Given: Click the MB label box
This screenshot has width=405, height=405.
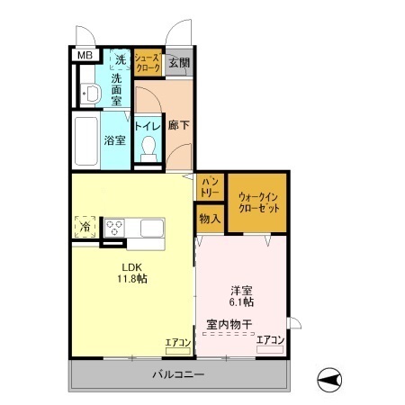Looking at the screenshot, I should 84,55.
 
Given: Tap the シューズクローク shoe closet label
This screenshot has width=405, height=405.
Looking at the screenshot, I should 148,62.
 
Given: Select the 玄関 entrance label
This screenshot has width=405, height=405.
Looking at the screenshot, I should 178,62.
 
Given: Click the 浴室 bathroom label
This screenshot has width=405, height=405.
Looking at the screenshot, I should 113,140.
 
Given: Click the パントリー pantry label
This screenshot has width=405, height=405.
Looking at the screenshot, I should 210,187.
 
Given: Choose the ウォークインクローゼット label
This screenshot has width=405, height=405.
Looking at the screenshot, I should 258,201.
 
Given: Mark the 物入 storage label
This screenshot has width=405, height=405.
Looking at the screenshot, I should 209,219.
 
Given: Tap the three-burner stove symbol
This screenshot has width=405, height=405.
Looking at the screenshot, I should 117,227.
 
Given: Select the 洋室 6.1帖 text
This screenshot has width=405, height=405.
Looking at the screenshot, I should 241,296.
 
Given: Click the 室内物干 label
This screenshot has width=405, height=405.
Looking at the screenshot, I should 229,323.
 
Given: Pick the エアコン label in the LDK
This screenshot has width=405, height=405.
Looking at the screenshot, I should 177,342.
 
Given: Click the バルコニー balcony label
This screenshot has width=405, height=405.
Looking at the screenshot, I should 177,373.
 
